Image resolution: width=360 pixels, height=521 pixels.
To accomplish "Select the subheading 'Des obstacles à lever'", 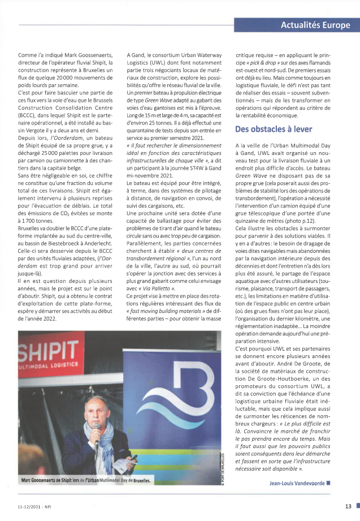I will (273, 129).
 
